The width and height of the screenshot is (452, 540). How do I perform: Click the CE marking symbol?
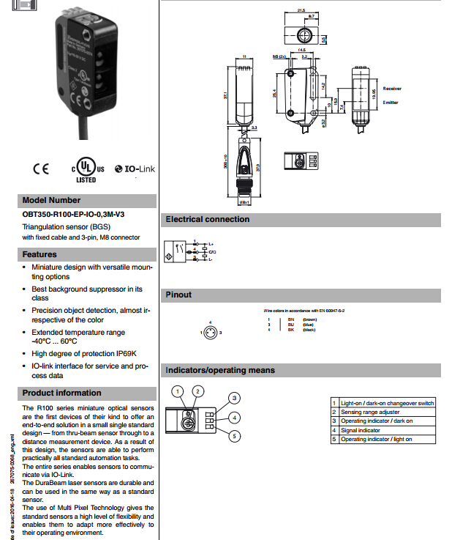point(40,167)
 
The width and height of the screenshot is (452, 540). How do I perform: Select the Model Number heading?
point(51,200)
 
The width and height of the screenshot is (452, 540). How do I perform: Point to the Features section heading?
point(39,254)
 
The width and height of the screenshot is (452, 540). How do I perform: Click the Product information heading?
point(62,393)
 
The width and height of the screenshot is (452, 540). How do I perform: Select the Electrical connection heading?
point(208,219)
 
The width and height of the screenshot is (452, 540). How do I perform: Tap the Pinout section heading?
point(179,295)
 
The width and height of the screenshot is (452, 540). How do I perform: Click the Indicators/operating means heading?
point(220,370)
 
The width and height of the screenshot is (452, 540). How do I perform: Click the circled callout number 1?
point(177,391)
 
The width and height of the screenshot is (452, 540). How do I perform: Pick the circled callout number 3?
point(234,398)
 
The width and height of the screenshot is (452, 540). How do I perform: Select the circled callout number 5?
point(234,437)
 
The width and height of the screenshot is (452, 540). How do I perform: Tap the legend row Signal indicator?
point(361,430)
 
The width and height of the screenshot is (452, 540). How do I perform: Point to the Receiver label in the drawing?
point(392,88)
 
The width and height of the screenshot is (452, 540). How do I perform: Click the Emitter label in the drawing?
point(391,102)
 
